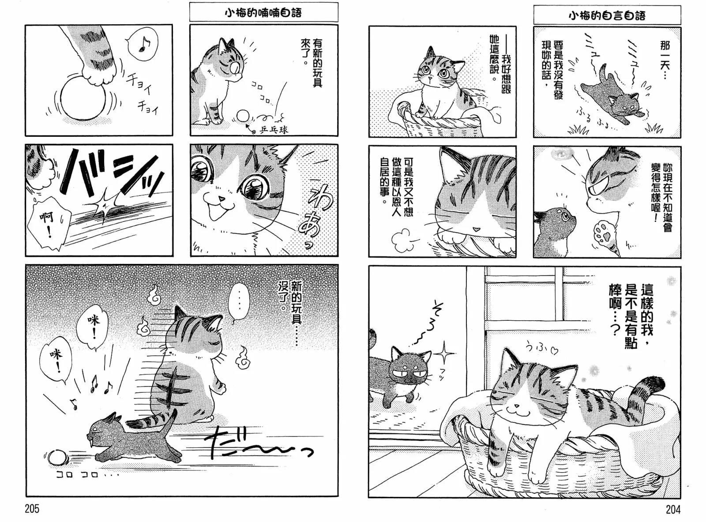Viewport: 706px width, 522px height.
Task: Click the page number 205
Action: (x=32, y=509)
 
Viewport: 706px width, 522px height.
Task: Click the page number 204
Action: (x=673, y=510)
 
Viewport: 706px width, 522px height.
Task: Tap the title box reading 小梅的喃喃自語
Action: (x=263, y=13)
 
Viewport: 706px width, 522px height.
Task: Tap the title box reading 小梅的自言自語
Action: (x=607, y=16)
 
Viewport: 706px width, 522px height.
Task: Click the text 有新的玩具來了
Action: (x=311, y=61)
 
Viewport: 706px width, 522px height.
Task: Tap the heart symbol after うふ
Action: (x=555, y=351)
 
